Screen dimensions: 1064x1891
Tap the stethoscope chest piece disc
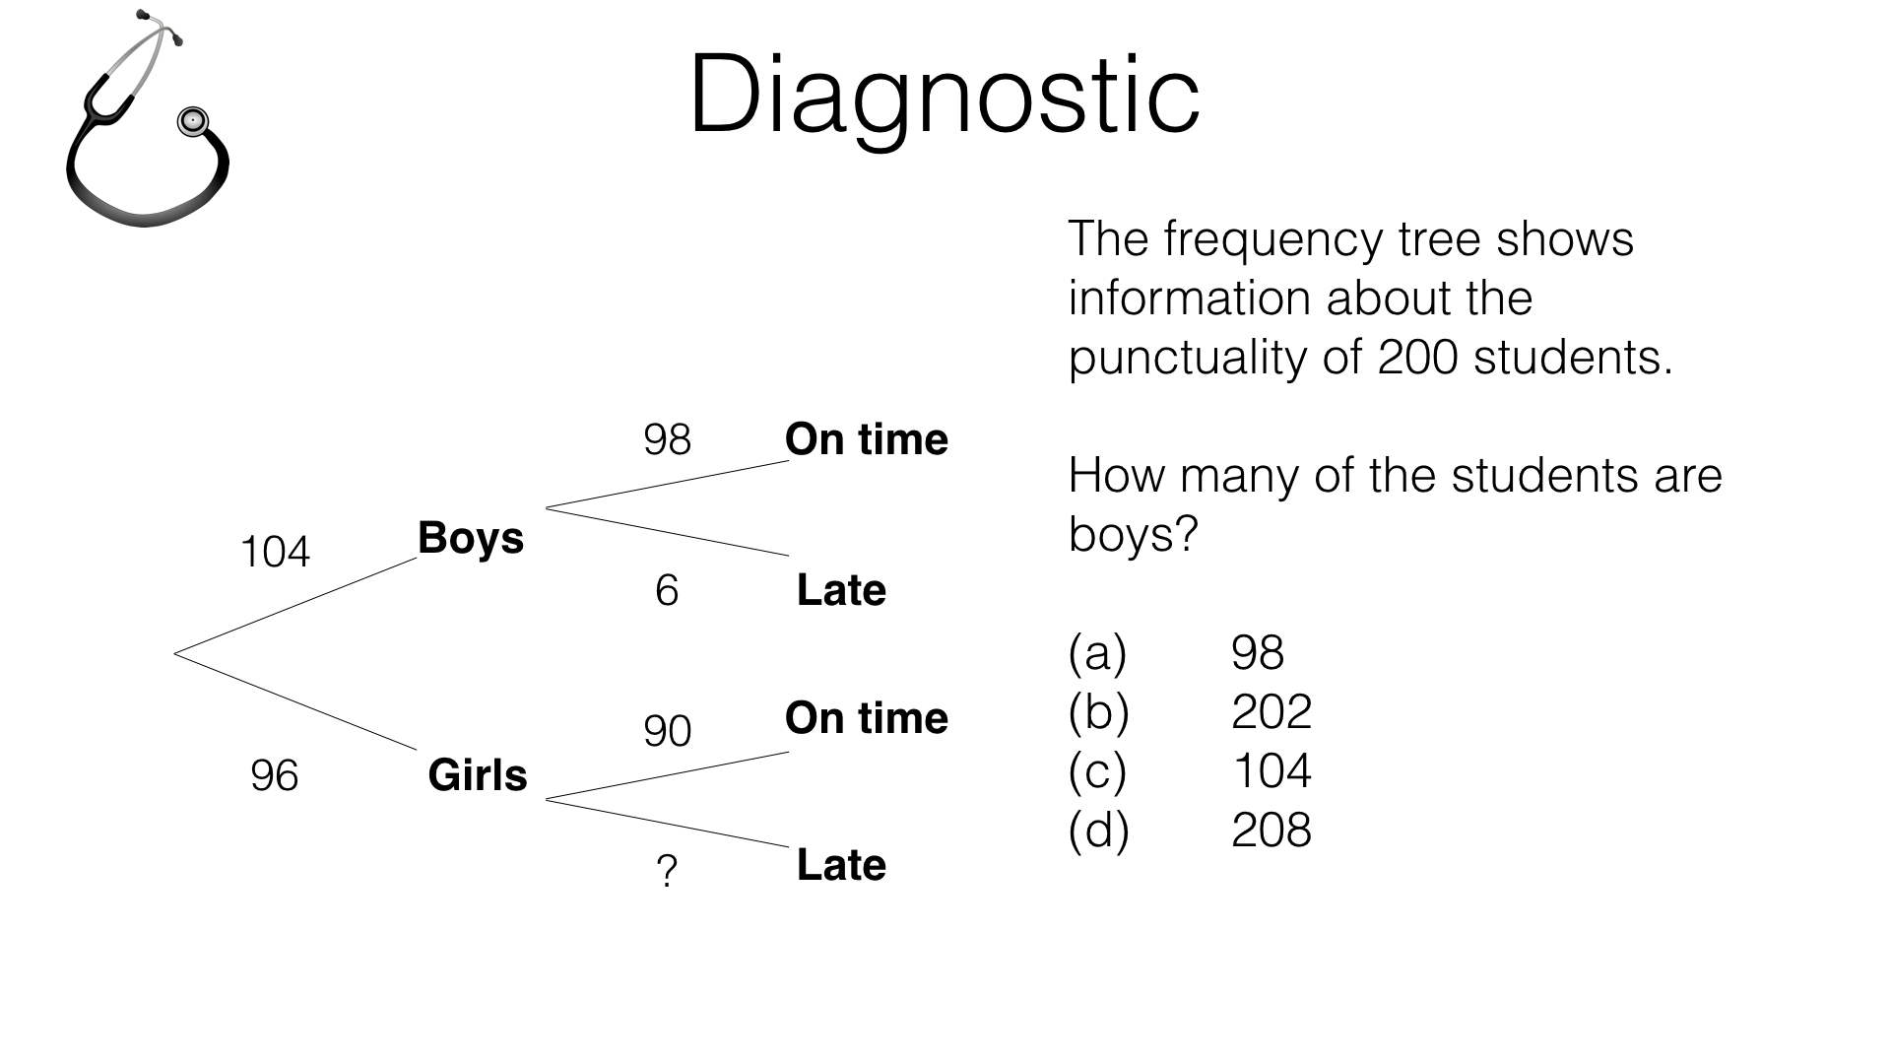[192, 122]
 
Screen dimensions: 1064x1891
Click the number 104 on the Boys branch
[275, 552]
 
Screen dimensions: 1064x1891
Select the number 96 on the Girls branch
[274, 775]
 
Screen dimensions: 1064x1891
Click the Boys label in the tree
[471, 538]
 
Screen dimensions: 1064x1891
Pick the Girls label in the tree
[478, 775]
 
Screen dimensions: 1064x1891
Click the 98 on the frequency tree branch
[667, 439]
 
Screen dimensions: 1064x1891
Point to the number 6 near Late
[667, 591]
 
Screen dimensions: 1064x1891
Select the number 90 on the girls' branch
[667, 731]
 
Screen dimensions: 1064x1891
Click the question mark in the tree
[667, 872]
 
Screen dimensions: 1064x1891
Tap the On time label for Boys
[866, 439]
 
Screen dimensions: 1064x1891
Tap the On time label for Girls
[866, 718]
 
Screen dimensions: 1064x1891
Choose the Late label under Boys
[841, 590]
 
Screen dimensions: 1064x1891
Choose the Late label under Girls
[841, 865]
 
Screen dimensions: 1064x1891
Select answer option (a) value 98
[1258, 653]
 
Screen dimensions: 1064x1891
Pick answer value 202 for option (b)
[1271, 712]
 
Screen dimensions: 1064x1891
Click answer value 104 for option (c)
[1271, 771]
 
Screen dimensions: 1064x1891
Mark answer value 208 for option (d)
[1271, 831]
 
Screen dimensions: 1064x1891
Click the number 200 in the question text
[1417, 358]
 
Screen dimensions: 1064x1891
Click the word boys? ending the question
[1133, 535]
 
